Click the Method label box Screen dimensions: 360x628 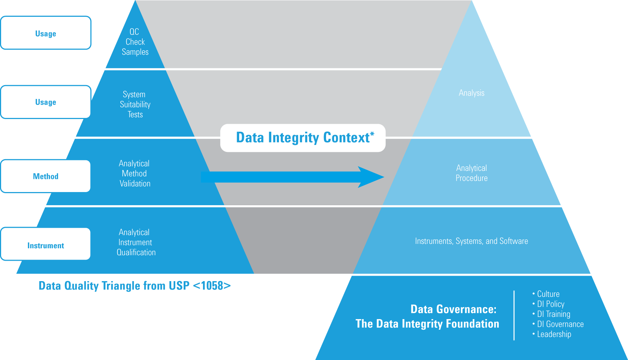pos(46,176)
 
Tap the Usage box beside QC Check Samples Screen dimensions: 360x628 pos(46,33)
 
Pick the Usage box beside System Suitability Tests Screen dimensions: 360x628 pos(46,102)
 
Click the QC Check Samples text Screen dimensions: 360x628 pos(135,42)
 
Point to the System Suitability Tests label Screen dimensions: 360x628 pos(135,104)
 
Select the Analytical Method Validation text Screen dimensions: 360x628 pos(135,173)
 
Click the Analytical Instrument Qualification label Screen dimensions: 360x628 pos(136,242)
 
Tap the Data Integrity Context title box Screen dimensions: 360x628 pos(303,138)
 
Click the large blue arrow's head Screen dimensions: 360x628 pos(371,177)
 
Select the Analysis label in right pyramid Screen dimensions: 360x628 pos(471,93)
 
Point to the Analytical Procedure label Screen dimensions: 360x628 pos(471,173)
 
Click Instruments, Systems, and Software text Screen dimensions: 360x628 pos(471,241)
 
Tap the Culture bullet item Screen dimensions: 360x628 pos(548,294)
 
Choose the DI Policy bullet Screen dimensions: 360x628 pos(551,304)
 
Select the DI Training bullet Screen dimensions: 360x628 pos(554,314)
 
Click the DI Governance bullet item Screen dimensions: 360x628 pos(560,324)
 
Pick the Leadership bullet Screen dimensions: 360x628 pos(554,334)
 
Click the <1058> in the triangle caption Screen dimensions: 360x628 pos(212,286)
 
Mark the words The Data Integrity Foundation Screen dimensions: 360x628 pos(427,324)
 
